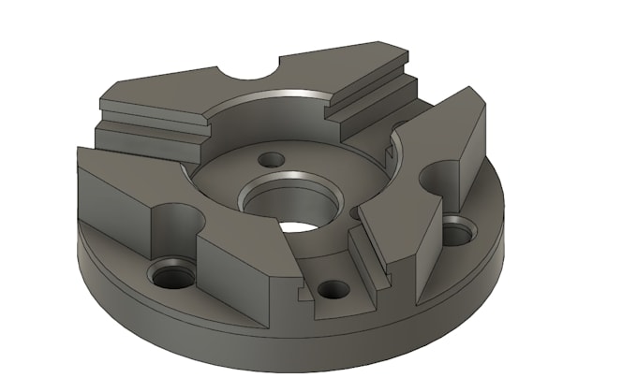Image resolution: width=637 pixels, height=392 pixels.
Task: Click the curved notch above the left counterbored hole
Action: tap(177, 220)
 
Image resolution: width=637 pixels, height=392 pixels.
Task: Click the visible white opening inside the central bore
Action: tap(298, 225)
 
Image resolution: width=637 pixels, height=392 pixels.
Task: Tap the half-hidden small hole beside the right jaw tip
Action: tap(353, 214)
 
